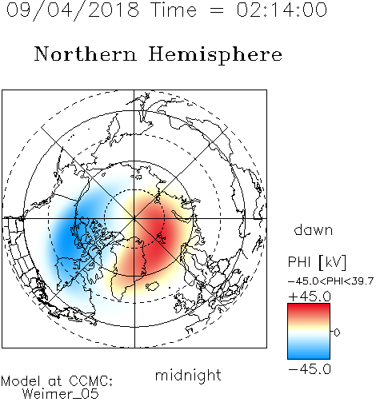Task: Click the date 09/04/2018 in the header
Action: [72, 10]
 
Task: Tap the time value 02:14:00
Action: [282, 10]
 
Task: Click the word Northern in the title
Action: [86, 54]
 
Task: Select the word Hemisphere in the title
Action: [215, 55]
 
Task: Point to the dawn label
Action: [314, 230]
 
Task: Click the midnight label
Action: [188, 376]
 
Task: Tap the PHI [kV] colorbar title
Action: [317, 262]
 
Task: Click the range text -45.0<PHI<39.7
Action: [330, 281]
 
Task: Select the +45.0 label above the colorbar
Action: [310, 297]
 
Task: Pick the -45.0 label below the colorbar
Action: [310, 369]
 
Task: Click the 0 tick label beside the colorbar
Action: [337, 332]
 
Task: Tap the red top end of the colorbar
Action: [309, 306]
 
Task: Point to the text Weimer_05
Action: [61, 394]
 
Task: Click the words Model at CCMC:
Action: [57, 381]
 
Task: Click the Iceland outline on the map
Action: [153, 286]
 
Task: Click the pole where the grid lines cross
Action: [134, 218]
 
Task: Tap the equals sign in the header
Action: [217, 10]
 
